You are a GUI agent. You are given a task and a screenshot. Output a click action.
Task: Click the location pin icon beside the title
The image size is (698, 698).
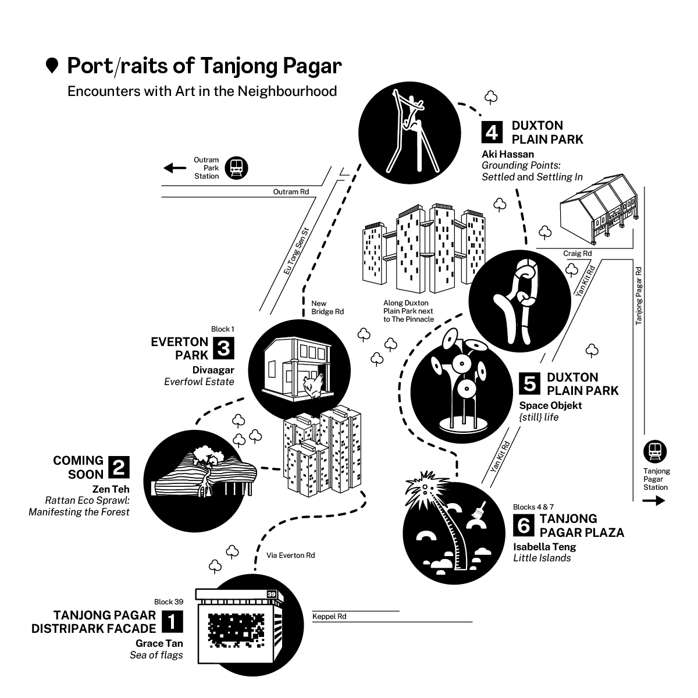(x=52, y=66)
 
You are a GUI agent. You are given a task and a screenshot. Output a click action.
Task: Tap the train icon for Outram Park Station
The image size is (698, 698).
(x=236, y=168)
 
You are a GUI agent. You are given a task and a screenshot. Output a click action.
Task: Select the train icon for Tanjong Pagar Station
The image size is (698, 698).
(x=655, y=451)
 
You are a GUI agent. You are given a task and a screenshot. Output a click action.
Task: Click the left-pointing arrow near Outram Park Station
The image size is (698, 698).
(x=174, y=168)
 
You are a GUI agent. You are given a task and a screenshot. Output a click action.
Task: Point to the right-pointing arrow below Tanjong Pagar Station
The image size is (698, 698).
(x=654, y=501)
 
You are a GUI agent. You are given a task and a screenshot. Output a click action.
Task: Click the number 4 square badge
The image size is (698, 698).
(x=492, y=132)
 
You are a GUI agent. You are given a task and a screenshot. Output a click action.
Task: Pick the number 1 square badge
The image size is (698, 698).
(x=172, y=622)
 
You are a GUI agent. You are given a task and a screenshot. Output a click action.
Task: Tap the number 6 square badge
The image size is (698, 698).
(x=523, y=525)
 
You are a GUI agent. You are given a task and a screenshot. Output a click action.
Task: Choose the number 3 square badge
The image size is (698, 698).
(x=223, y=348)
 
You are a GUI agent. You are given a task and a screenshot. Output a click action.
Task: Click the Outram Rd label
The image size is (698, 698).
(x=291, y=191)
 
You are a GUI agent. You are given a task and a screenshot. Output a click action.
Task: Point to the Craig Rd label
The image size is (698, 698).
(x=578, y=254)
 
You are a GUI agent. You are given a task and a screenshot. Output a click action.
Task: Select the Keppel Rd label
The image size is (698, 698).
(x=329, y=616)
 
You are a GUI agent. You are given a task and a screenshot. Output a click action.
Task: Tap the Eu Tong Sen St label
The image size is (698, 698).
(x=296, y=251)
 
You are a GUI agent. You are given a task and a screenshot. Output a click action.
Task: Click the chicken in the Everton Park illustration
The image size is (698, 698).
(x=314, y=386)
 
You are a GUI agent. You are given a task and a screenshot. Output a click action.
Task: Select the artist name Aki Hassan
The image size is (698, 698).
(x=508, y=154)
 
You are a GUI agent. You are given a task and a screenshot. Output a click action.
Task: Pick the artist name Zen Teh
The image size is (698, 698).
(x=111, y=489)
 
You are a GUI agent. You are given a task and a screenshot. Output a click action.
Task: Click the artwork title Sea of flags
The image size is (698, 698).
(x=156, y=655)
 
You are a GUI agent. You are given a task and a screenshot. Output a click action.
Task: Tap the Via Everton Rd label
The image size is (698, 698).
(x=290, y=555)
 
